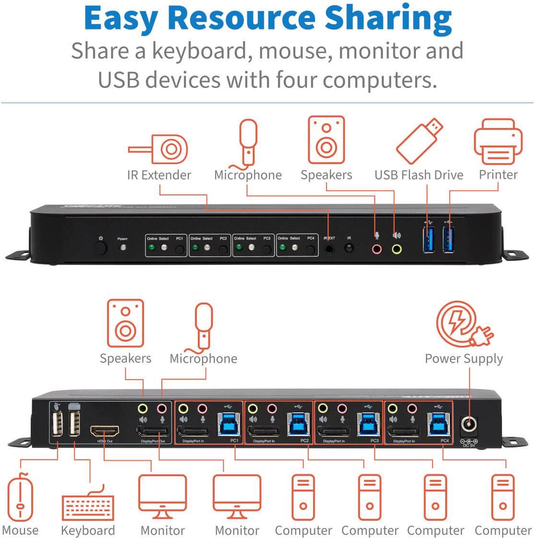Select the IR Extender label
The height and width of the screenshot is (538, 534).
(x=159, y=175)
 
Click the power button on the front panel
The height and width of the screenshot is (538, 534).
(x=100, y=248)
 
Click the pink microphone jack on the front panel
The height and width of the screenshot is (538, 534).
(x=377, y=249)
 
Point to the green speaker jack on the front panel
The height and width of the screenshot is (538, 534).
(x=397, y=249)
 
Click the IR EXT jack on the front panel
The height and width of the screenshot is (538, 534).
(x=329, y=249)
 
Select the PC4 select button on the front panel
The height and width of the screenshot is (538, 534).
(x=311, y=250)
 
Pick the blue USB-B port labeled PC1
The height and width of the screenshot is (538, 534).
(x=227, y=424)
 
